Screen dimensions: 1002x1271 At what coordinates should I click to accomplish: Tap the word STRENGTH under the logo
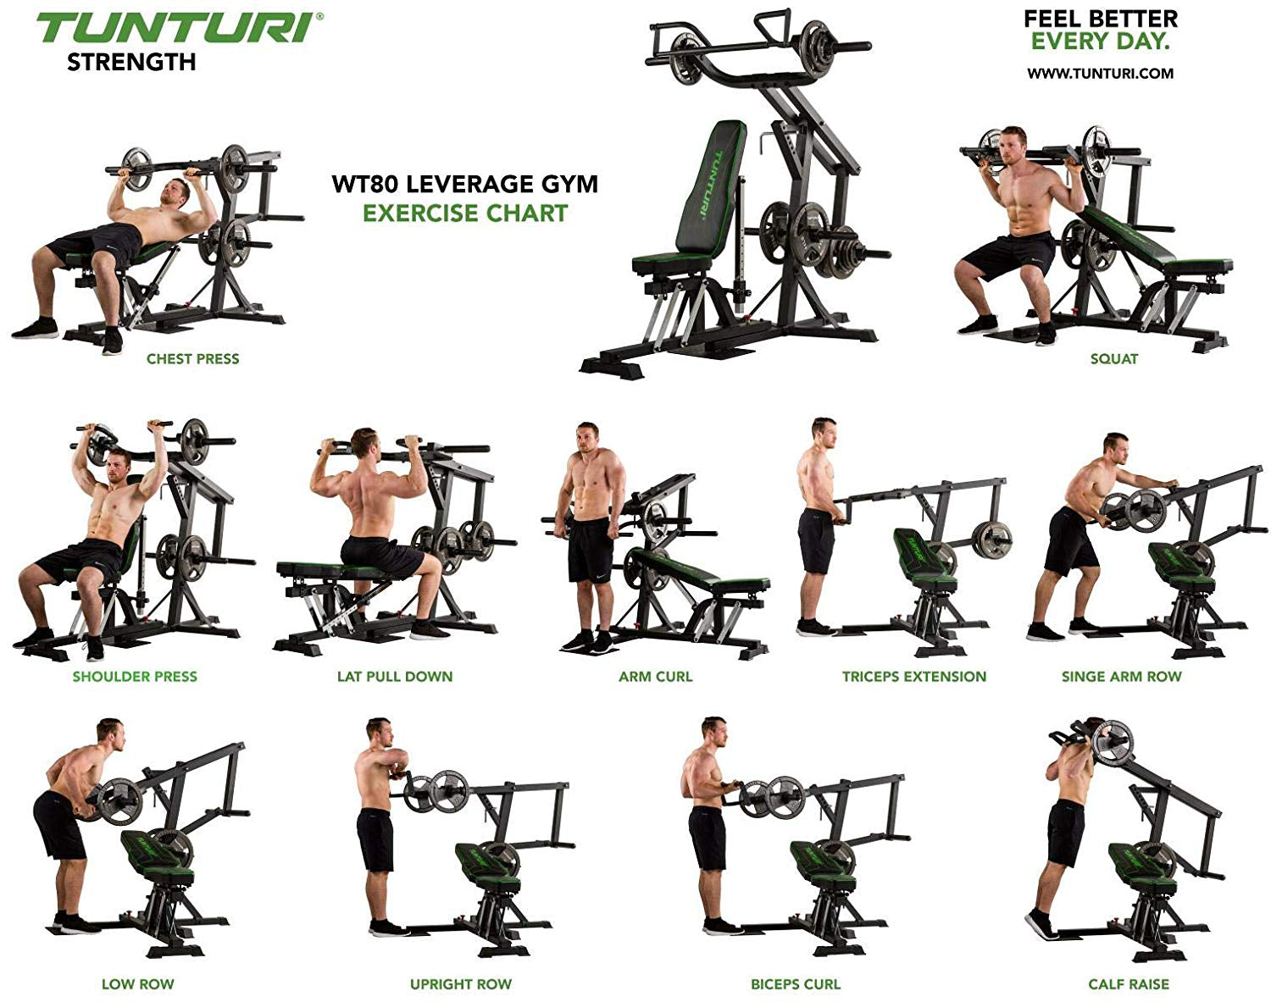click(131, 63)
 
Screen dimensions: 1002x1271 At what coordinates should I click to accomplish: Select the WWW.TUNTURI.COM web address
click(1100, 74)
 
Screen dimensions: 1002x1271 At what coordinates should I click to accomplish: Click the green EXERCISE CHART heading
click(464, 213)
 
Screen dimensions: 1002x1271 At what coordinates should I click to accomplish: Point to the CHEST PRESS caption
click(192, 359)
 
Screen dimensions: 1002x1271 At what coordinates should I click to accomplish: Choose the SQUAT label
click(1113, 359)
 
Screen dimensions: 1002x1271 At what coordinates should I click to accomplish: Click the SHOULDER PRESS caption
click(135, 677)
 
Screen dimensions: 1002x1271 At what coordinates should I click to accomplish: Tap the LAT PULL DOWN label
click(395, 677)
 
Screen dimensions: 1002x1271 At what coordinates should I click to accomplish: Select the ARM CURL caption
click(655, 677)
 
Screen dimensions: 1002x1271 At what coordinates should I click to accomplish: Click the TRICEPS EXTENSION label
click(913, 677)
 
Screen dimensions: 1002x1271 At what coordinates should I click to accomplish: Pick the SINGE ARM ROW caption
click(1120, 677)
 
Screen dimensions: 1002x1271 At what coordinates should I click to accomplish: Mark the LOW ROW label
click(137, 984)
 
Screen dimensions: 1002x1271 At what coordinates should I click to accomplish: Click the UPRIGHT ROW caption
click(461, 984)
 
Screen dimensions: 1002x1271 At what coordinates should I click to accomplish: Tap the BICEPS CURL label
click(796, 984)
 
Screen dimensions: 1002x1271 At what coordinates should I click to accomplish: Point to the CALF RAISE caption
click(1128, 984)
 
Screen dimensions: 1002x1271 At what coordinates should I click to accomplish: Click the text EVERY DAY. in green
click(1100, 42)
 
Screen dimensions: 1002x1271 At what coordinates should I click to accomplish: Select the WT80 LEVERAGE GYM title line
click(464, 184)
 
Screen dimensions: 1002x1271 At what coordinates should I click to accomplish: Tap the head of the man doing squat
click(1013, 146)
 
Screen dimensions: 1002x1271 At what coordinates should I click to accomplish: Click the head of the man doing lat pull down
click(364, 442)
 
